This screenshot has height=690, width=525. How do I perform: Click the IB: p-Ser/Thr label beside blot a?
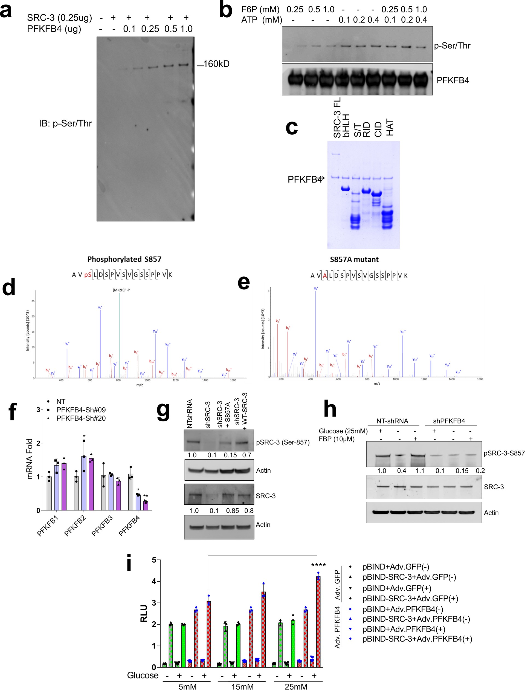(x=65, y=123)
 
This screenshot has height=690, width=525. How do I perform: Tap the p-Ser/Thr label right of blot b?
(x=452, y=46)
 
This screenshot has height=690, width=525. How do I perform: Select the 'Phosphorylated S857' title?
(x=124, y=259)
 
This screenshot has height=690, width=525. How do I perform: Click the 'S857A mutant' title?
(x=354, y=259)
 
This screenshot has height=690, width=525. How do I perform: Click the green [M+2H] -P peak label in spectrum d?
(x=121, y=290)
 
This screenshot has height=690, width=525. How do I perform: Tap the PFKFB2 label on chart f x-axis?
(x=75, y=526)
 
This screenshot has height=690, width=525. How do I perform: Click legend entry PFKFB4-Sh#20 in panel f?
(x=81, y=418)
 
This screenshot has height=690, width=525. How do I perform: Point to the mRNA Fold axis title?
(x=30, y=459)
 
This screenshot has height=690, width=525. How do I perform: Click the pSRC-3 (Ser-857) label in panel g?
(x=283, y=442)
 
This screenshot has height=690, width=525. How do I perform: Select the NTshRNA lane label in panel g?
(x=189, y=414)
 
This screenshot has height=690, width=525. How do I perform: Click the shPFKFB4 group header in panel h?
(x=449, y=421)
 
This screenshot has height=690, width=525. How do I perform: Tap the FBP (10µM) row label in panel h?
(x=337, y=439)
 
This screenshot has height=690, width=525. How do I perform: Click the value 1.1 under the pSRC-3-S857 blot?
(x=420, y=471)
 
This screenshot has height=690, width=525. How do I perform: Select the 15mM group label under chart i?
(x=242, y=686)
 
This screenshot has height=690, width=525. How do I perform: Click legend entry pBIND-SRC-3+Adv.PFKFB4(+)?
(x=417, y=639)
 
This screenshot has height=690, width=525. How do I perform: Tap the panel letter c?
(x=292, y=127)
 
